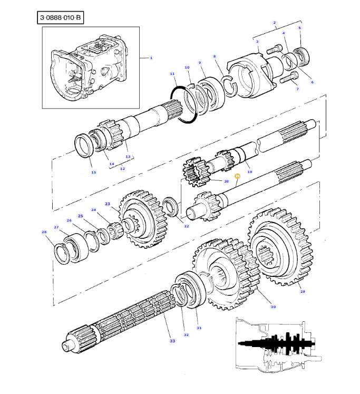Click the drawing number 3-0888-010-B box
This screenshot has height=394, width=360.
[x=61, y=18]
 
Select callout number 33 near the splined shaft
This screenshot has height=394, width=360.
[x=172, y=341]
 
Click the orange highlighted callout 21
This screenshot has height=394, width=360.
[x=237, y=176]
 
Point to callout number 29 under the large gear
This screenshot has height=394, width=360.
[x=303, y=291]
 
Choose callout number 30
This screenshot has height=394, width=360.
[x=273, y=306]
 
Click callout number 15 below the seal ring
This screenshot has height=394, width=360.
[x=93, y=172]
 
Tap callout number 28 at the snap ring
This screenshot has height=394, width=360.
[x=44, y=232]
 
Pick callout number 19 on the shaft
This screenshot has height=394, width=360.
[x=250, y=172]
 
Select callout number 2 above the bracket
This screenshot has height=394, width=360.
[x=274, y=23]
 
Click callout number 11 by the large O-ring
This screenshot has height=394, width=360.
[x=172, y=73]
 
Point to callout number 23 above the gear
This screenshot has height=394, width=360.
[x=107, y=204]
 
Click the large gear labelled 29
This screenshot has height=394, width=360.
[x=280, y=250]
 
